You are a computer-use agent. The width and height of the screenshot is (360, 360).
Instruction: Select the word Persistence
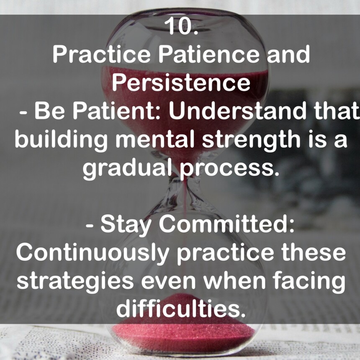(181, 82)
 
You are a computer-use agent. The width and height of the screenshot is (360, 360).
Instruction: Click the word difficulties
(180, 309)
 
